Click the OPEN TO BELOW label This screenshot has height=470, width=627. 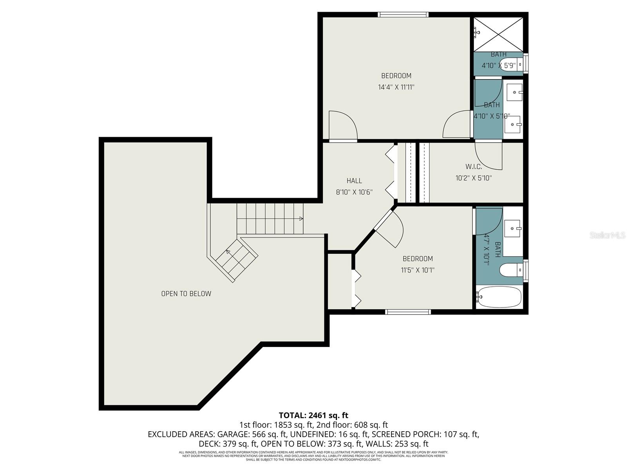[186, 294]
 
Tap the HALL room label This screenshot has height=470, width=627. [354, 181]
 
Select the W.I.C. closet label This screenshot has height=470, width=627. [473, 167]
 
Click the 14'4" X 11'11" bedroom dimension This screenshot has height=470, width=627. [396, 87]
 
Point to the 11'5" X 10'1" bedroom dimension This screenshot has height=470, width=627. [418, 270]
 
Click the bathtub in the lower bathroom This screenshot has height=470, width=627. [499, 297]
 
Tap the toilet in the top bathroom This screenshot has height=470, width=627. [511, 64]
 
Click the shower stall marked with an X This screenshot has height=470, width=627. [498, 34]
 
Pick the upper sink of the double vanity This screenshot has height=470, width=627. [513, 92]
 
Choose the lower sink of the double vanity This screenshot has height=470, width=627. [513, 125]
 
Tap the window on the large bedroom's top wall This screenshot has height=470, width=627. [403, 15]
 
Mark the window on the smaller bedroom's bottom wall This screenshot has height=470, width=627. [408, 312]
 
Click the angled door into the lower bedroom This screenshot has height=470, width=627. [388, 229]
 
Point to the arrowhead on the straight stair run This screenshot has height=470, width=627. [301, 219]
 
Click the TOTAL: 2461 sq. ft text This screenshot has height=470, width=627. [313, 415]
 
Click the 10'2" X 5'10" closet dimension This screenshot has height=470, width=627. [473, 178]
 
